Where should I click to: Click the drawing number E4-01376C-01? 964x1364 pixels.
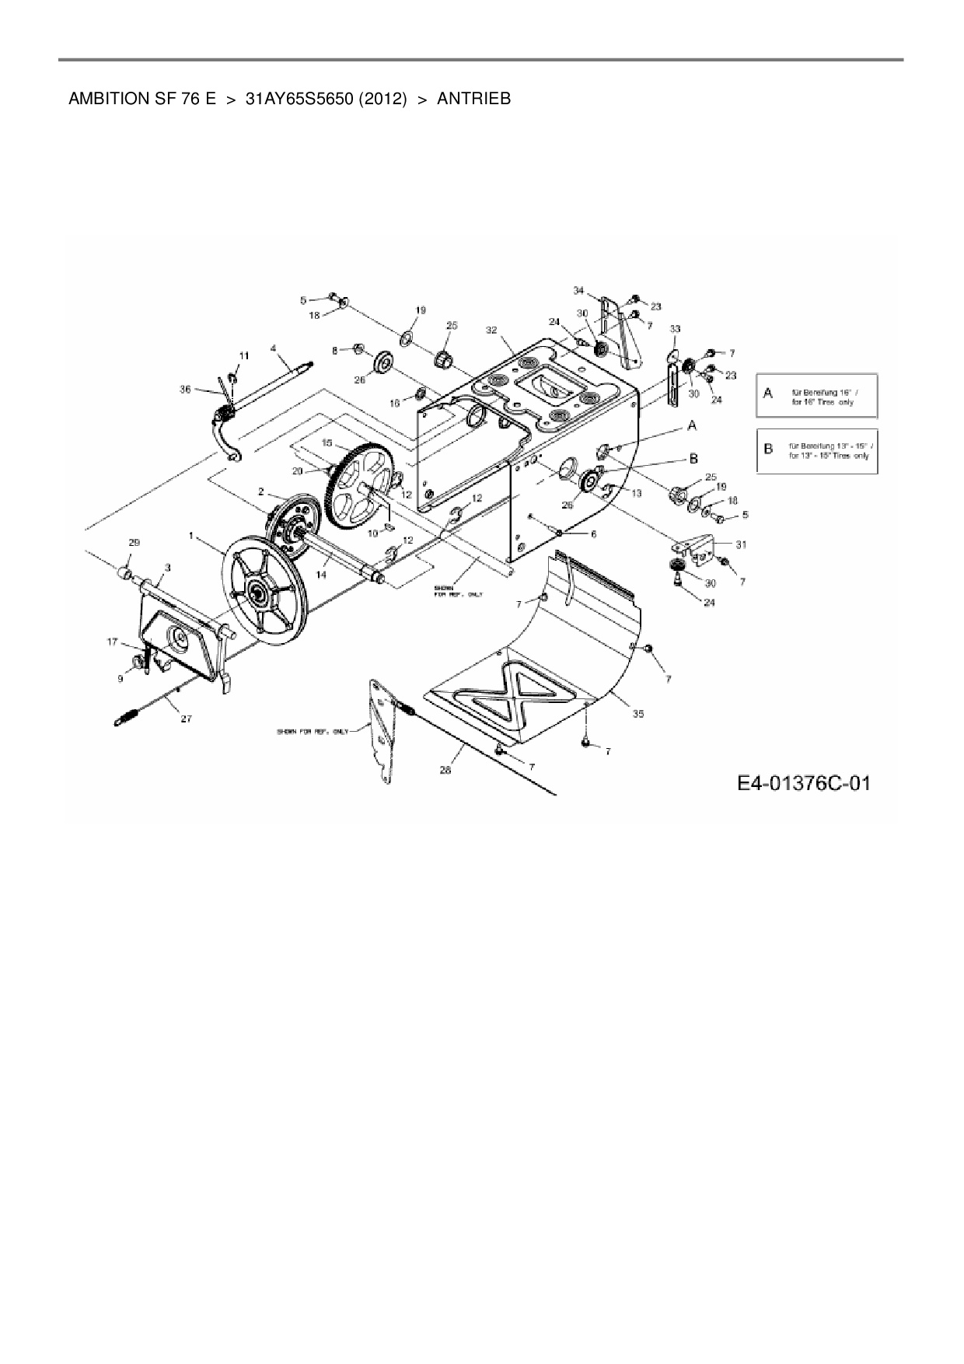[803, 782]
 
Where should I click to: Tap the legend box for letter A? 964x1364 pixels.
[817, 396]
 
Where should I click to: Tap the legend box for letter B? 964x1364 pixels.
[817, 451]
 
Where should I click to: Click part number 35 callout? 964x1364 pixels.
[637, 713]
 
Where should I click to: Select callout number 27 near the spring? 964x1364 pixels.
[186, 719]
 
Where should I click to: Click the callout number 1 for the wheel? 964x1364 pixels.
[191, 537]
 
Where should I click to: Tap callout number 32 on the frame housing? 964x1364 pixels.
[491, 330]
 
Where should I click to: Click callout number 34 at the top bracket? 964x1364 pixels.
[578, 290]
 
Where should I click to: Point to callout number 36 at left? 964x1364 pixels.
[185, 390]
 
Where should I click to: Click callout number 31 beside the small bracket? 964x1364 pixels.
[741, 544]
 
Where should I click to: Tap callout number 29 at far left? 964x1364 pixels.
[134, 541]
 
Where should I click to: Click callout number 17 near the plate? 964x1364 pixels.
[113, 642]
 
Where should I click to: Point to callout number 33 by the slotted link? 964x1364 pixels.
[675, 329]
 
